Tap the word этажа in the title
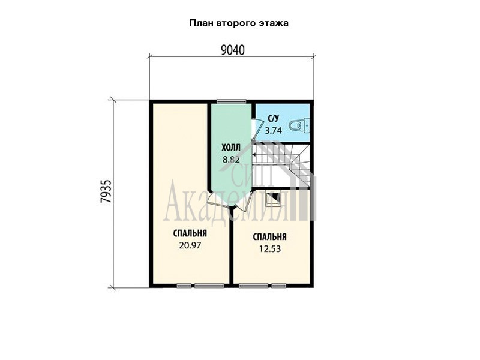tap(274, 23)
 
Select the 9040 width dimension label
tap(233, 50)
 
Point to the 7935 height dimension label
tap(106, 191)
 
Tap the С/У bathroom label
tap(274, 118)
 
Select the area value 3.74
tap(273, 131)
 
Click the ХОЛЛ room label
tap(231, 148)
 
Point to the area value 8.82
tap(231, 160)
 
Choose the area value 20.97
tap(190, 245)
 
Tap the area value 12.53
tap(270, 249)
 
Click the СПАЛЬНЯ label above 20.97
tap(190, 233)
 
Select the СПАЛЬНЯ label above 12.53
tap(269, 236)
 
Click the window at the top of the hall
tap(232, 101)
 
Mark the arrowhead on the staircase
tap(254, 155)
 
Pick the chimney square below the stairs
tap(273, 199)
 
